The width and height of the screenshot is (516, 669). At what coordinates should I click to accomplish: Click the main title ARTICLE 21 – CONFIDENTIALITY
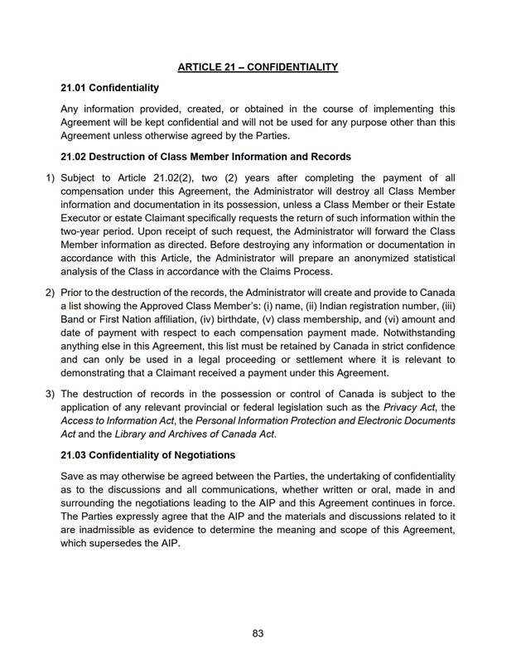[258, 67]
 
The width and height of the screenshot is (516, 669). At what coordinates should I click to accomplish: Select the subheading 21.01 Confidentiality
[109, 87]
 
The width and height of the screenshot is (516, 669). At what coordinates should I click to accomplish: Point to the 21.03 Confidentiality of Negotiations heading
[147, 455]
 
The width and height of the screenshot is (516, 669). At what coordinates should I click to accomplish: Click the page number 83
[258, 633]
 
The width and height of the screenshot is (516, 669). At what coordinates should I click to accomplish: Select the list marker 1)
[50, 177]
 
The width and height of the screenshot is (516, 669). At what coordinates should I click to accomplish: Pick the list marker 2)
[50, 293]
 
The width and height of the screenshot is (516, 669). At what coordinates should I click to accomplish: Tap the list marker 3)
[50, 394]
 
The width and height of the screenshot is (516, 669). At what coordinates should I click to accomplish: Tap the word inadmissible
[107, 530]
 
